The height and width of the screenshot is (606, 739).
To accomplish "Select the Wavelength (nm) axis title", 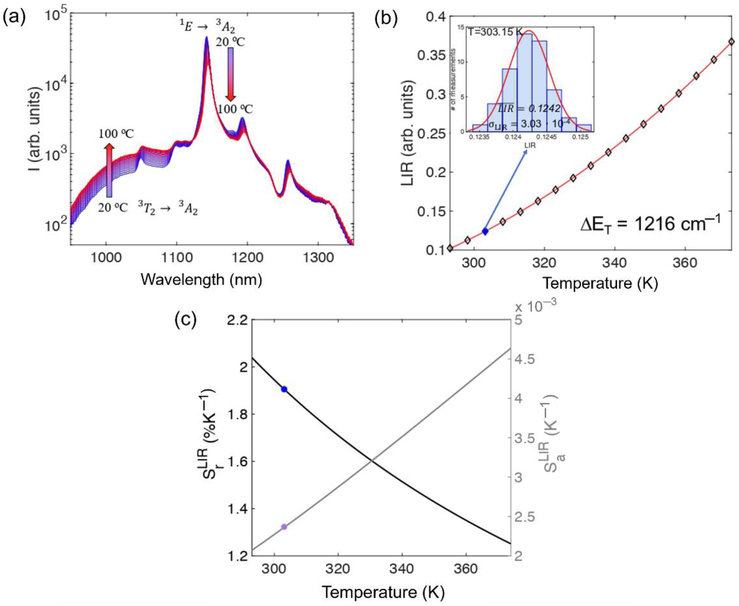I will (201, 280).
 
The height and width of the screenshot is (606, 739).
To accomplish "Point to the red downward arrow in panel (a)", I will (231, 75).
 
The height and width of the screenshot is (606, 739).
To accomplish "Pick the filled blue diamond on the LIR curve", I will (485, 231).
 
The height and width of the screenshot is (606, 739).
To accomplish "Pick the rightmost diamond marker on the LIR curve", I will (732, 42).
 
